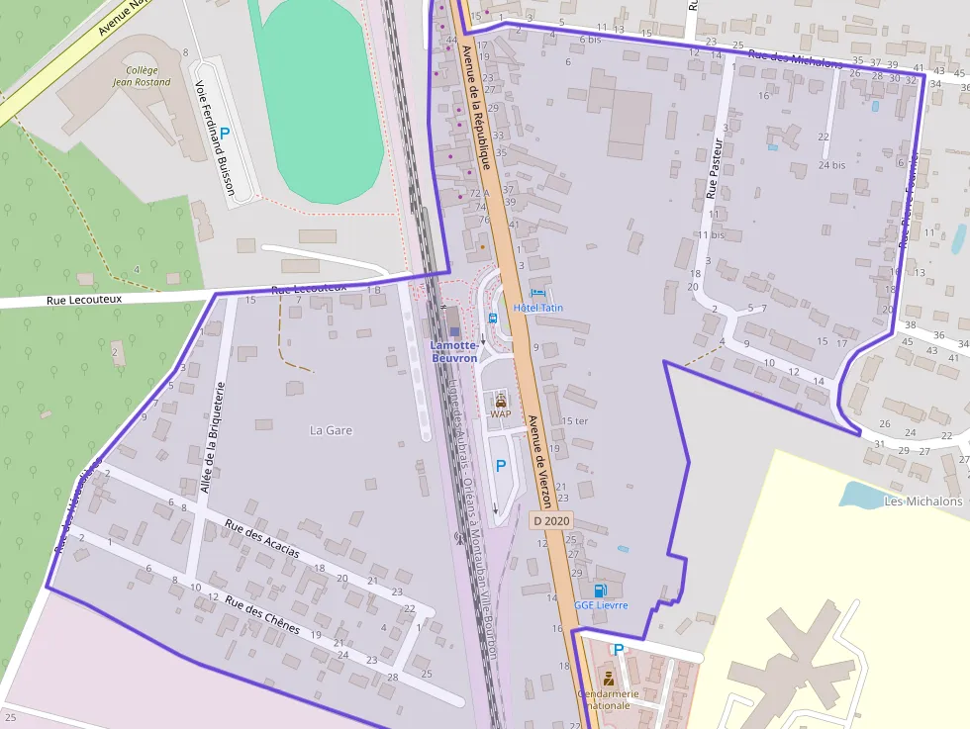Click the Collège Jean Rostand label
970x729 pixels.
pyautogui.click(x=143, y=76)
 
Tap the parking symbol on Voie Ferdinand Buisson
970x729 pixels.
pyautogui.click(x=225, y=133)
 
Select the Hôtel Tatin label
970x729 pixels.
pyautogui.click(x=538, y=308)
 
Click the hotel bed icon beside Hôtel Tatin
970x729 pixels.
pyautogui.click(x=537, y=293)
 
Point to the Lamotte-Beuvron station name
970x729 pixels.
pyautogui.click(x=454, y=351)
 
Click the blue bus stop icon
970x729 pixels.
pyautogui.click(x=493, y=318)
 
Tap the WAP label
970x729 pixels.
pyautogui.click(x=501, y=413)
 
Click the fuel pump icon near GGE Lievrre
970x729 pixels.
pyautogui.click(x=600, y=591)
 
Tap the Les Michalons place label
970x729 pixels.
pyautogui.click(x=921, y=501)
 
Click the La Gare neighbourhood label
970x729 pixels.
pyautogui.click(x=331, y=430)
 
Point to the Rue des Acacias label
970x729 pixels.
pyautogui.click(x=262, y=538)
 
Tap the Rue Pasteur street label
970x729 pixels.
pyautogui.click(x=717, y=167)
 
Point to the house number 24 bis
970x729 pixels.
pyautogui.click(x=831, y=165)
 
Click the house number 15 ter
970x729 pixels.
pyautogui.click(x=574, y=421)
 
